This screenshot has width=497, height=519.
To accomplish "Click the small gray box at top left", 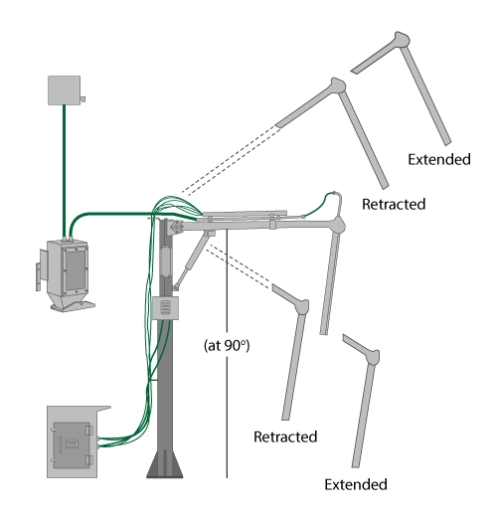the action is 64,90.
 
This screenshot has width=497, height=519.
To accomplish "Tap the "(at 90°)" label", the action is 227,345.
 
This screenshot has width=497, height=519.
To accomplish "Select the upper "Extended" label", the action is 439,159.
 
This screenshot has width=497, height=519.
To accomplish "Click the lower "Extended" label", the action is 356,484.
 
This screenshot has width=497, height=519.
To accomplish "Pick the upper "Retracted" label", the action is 394,204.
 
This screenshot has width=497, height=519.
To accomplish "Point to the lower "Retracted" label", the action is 285,436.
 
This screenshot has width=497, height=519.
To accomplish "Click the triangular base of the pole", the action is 165,463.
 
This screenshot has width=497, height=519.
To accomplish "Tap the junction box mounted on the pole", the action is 165,308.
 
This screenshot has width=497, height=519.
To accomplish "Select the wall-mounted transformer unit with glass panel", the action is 66,275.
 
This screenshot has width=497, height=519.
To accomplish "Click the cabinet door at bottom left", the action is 72,444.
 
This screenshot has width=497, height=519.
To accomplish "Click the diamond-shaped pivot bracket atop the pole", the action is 177,228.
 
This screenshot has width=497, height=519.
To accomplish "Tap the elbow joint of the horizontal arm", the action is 338,225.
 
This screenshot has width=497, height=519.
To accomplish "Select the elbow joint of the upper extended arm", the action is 402,40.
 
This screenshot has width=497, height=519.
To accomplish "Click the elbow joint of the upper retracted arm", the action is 338,86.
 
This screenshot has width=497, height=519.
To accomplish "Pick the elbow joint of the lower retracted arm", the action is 302,306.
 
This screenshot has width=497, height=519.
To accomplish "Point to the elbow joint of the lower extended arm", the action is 373,357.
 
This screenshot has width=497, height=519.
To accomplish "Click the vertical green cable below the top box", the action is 64,171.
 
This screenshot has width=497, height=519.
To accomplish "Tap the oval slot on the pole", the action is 165,260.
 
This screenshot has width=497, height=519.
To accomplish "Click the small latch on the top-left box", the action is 83,98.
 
